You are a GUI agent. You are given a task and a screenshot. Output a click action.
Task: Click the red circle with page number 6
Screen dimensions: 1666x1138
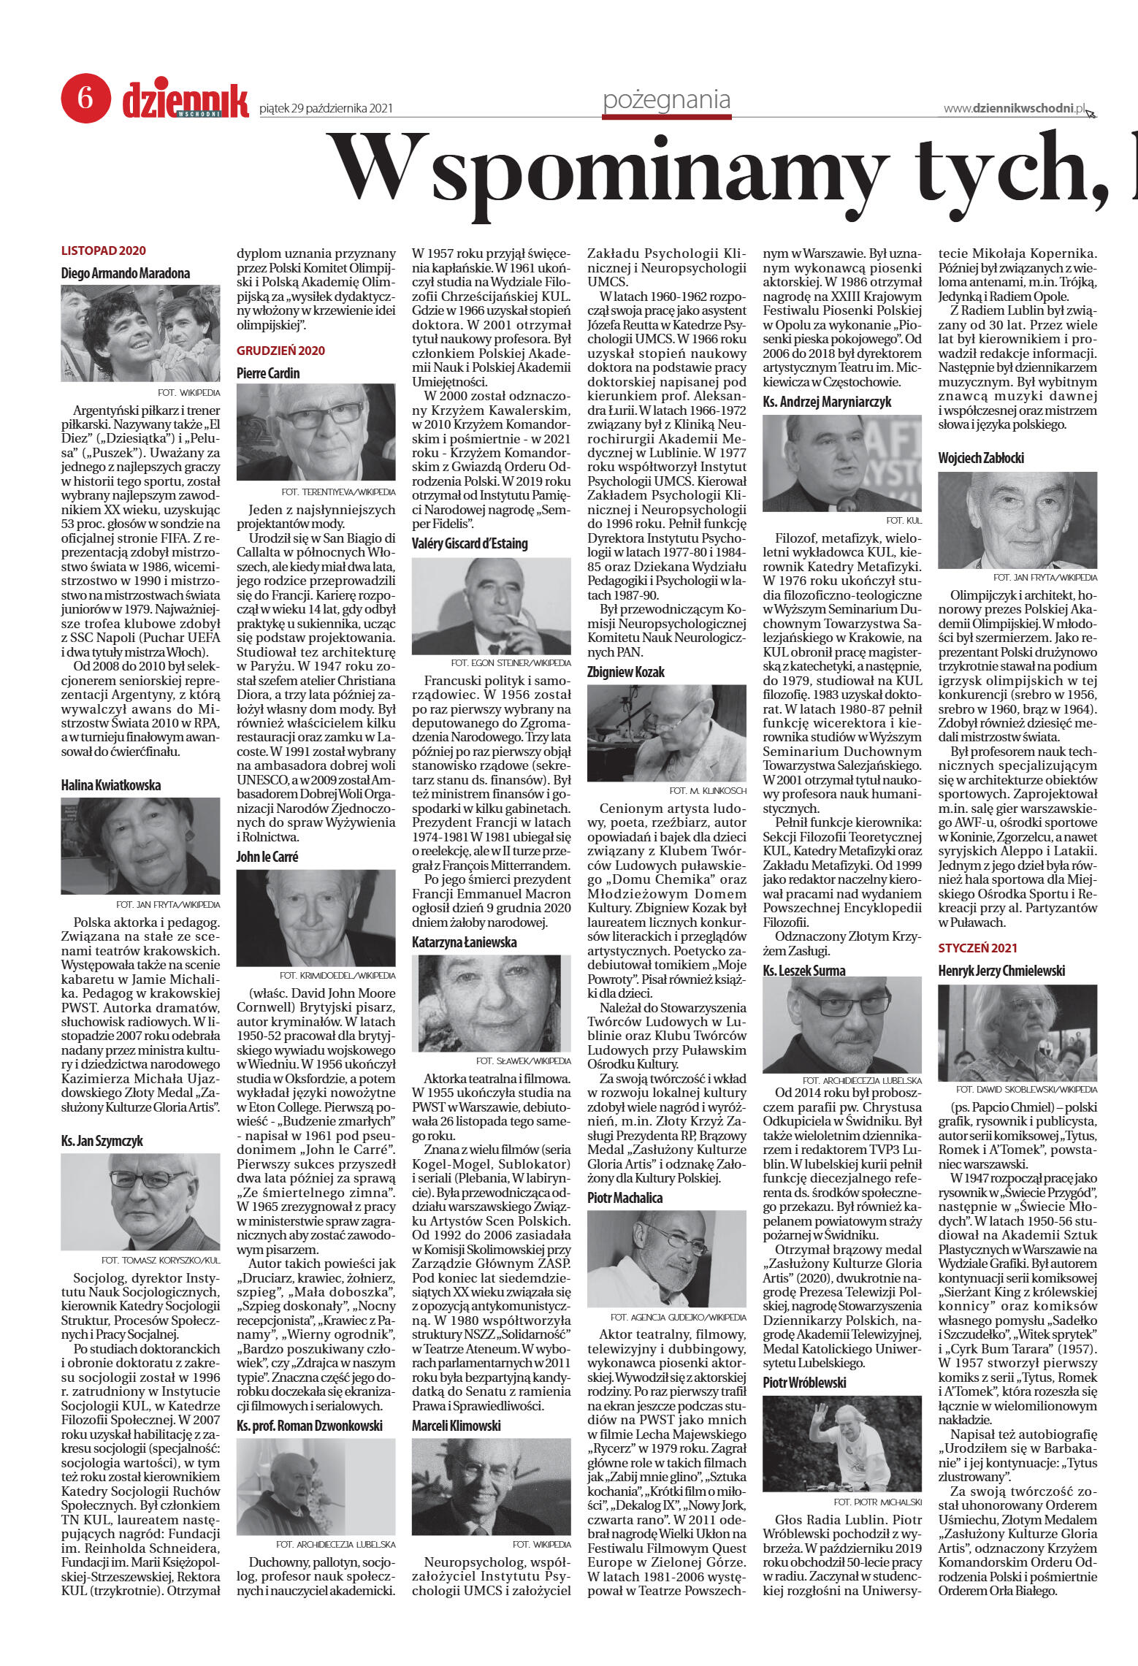[x=85, y=97]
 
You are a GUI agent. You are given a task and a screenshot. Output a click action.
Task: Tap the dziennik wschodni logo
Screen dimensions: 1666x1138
[x=186, y=102]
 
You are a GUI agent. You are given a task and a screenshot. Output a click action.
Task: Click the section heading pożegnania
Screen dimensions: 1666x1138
[x=666, y=100]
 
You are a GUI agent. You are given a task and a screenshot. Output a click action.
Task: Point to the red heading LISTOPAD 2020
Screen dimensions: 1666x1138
[x=104, y=251]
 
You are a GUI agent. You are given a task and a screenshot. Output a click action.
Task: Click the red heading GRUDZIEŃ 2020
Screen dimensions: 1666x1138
[x=280, y=351]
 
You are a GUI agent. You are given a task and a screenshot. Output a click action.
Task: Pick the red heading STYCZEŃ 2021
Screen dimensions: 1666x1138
[x=977, y=948]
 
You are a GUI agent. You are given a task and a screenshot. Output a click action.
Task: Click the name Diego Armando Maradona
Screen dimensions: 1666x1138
[x=126, y=273]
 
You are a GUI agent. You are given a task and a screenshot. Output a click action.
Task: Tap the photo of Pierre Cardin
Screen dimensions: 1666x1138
[x=316, y=432]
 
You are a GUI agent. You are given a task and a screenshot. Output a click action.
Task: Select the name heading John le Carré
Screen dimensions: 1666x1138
[x=267, y=857]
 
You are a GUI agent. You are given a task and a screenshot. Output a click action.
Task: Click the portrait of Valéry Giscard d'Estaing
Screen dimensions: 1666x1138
[x=491, y=606]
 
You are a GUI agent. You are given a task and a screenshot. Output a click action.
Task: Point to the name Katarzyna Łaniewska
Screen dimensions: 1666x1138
[x=464, y=942]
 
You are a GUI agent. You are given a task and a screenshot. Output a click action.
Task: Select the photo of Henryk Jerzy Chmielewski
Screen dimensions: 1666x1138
[x=1017, y=1033]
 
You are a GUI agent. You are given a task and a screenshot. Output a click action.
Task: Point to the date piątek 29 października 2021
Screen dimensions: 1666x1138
[x=326, y=109]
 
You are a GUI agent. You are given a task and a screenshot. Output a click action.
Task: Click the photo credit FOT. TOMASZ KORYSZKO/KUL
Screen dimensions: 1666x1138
[x=161, y=1261]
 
